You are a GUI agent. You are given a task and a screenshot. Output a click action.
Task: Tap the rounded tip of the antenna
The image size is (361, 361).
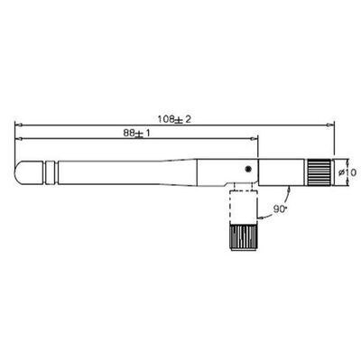tap(24, 170)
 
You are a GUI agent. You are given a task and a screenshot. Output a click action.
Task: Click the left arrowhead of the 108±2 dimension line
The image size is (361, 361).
tap(19, 125)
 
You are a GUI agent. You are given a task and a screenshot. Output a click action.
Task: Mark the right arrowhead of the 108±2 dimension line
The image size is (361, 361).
tap(332, 125)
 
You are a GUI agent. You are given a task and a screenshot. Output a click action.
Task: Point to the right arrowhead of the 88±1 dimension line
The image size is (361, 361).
tap(255, 138)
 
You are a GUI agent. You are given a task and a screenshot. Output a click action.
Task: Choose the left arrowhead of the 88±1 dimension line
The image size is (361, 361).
tap(19, 138)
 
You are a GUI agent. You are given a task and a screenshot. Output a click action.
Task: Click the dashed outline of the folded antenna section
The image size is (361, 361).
tap(242, 206)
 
